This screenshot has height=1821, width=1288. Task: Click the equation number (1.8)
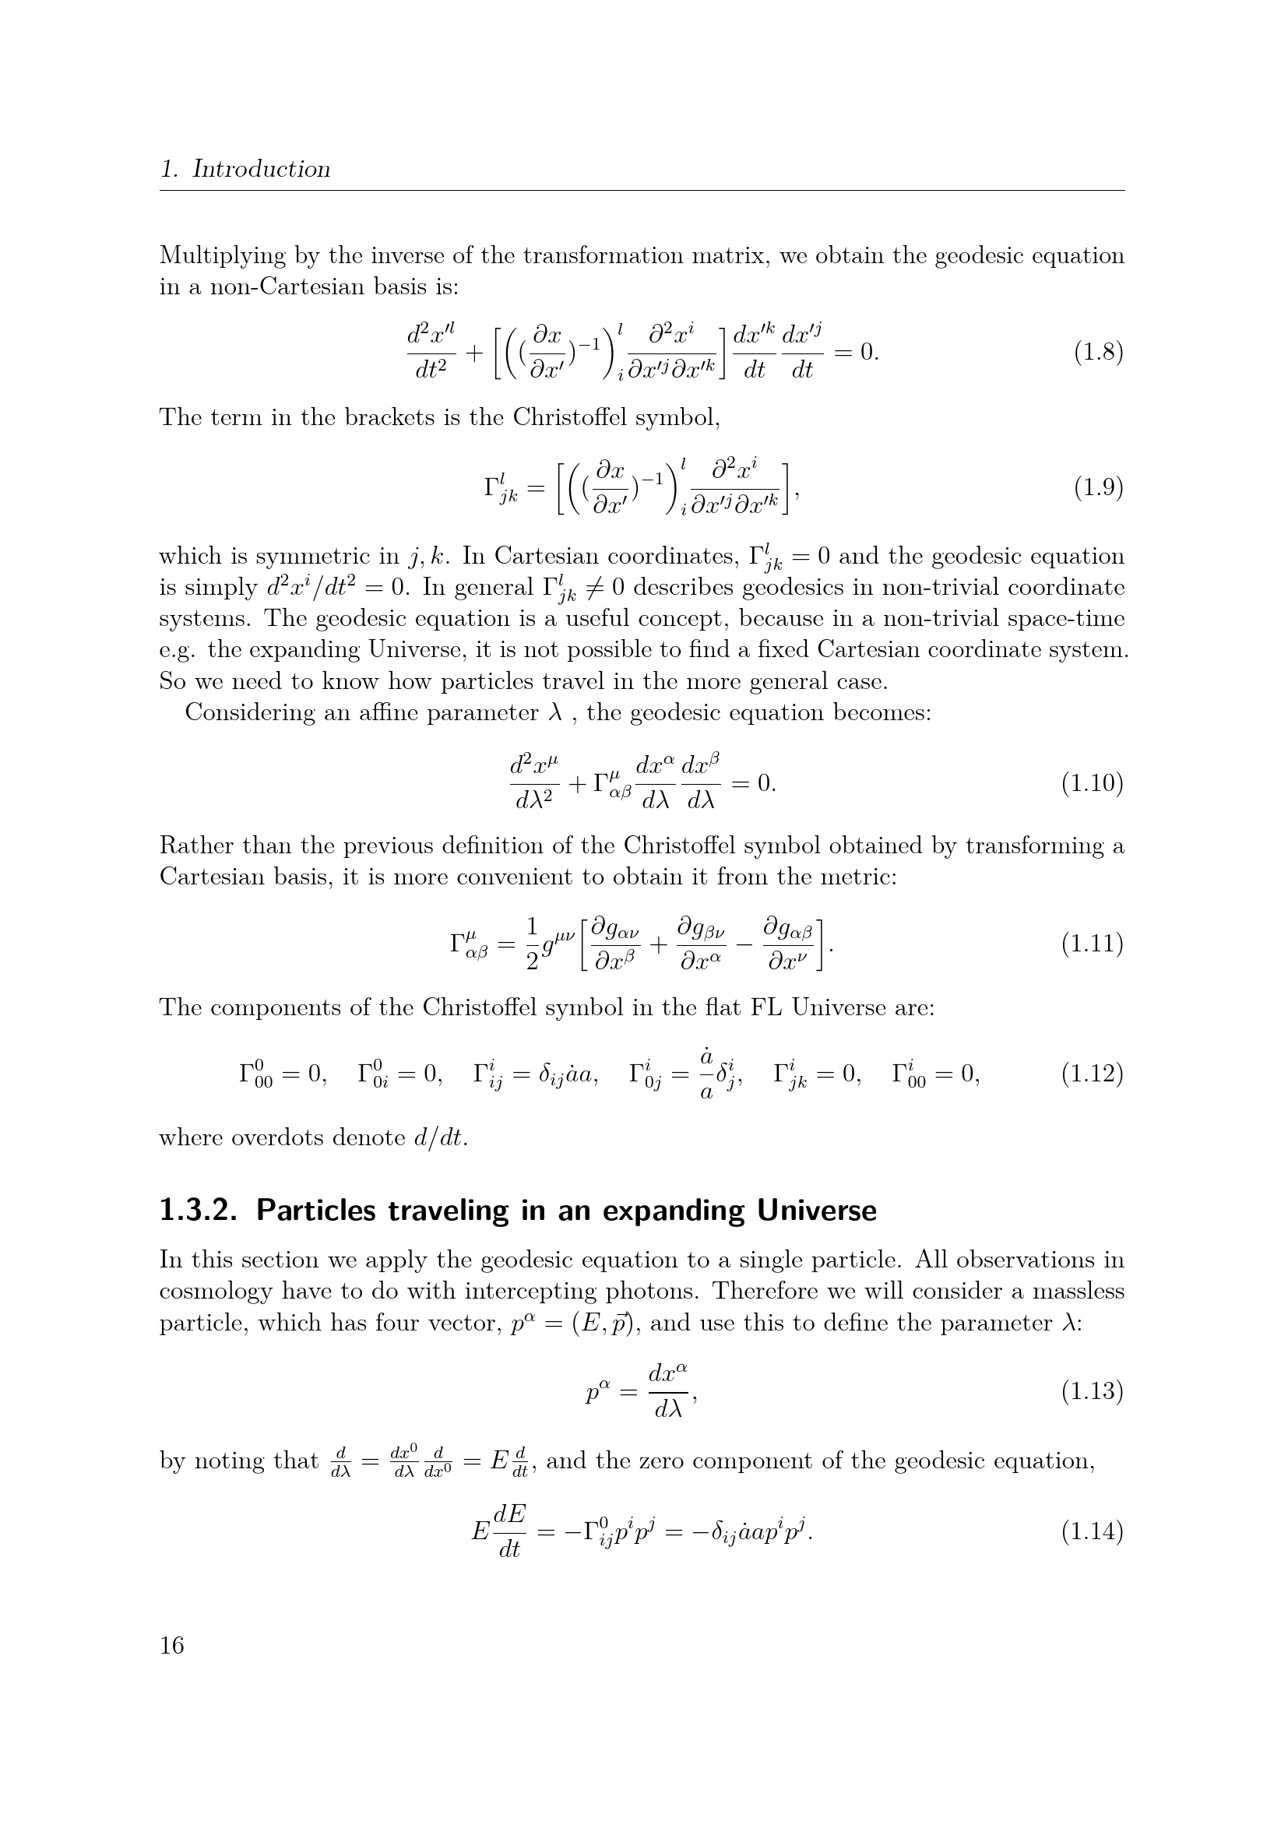[x=1099, y=352]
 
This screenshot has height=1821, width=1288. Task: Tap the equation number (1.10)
[x=1092, y=784]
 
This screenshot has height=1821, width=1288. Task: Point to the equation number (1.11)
[x=1092, y=944]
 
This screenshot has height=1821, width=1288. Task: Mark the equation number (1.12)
[x=1092, y=1074]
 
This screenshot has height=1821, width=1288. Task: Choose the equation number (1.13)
[x=1092, y=1391]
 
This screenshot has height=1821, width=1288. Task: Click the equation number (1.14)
[x=1092, y=1532]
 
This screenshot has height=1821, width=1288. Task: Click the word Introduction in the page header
[x=261, y=169]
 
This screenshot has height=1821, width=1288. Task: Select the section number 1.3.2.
[x=199, y=1211]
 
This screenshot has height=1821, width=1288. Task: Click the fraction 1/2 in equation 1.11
[x=532, y=944]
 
